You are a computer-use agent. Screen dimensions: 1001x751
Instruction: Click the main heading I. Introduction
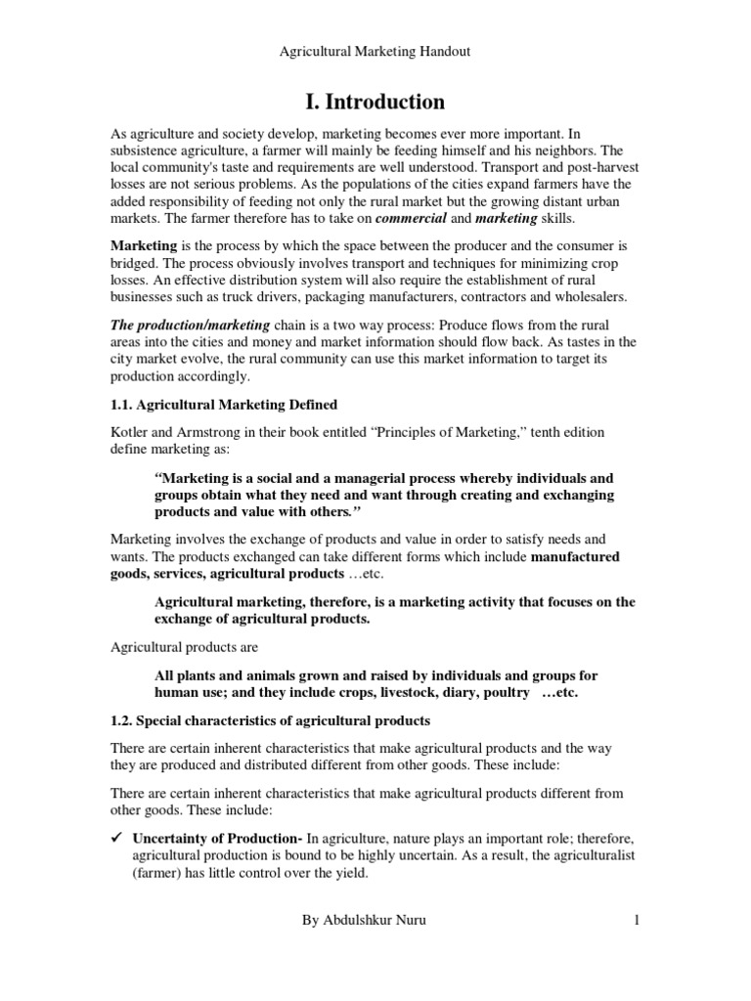(x=375, y=102)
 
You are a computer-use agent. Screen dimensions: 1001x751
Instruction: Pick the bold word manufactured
(x=576, y=556)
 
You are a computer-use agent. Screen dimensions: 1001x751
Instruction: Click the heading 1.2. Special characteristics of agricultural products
(x=270, y=720)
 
